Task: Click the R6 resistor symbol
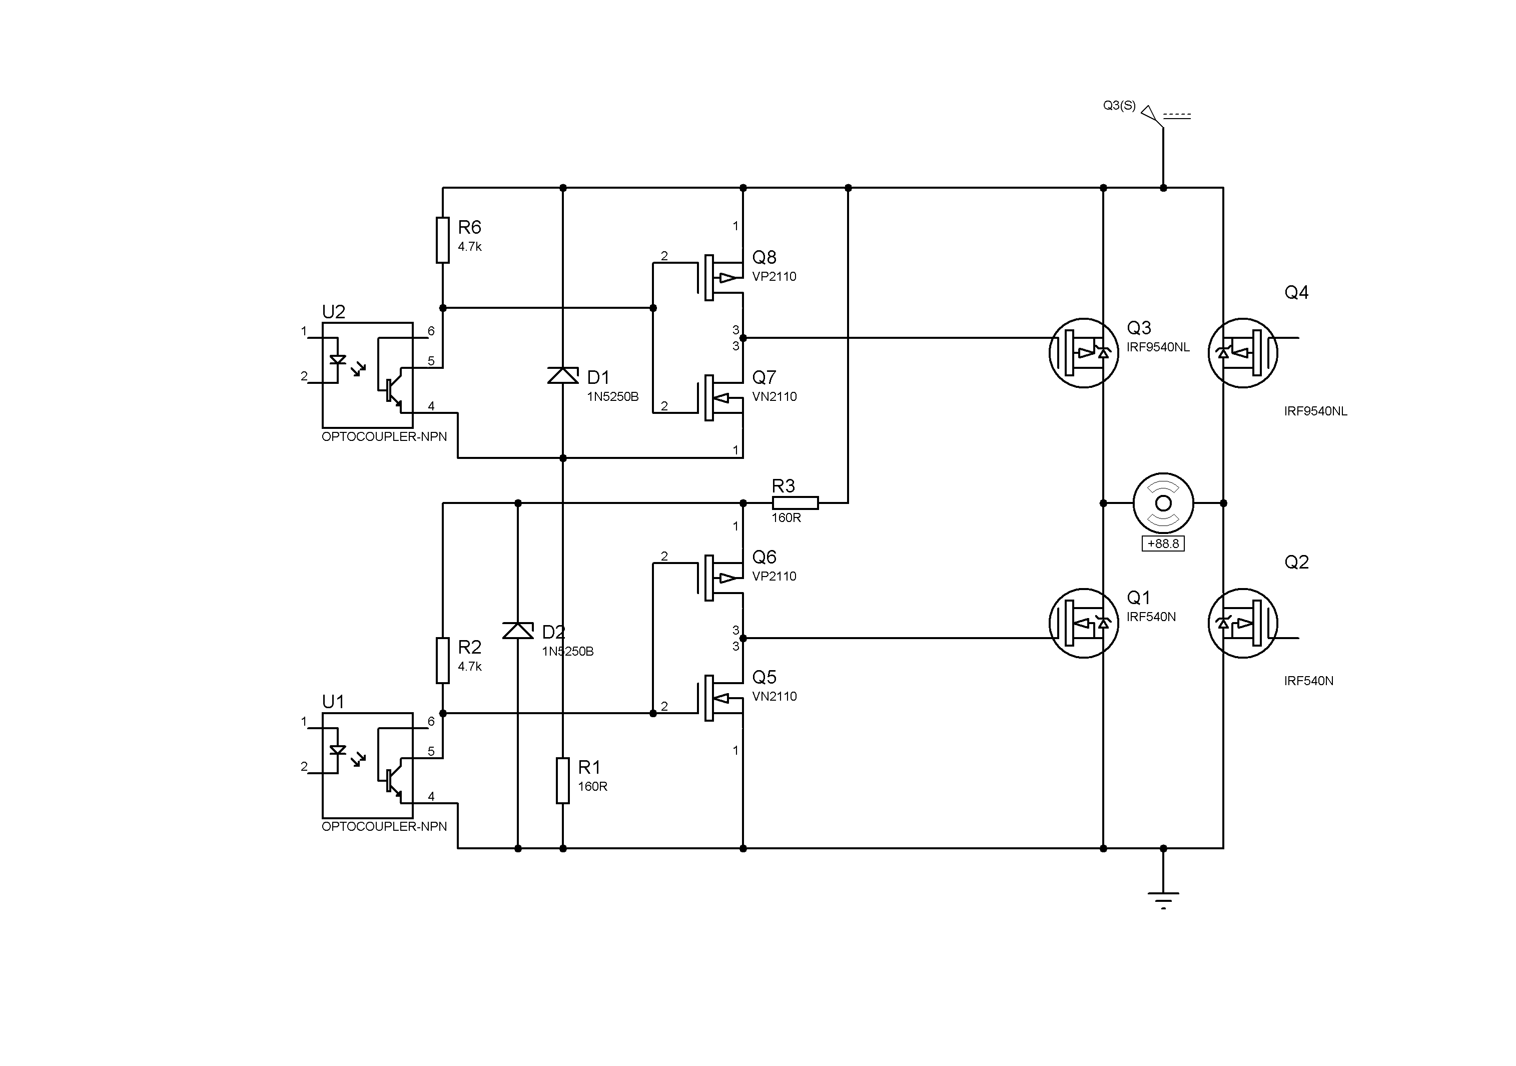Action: pyautogui.click(x=442, y=240)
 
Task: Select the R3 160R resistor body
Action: pyautogui.click(x=795, y=503)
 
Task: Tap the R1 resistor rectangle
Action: pyautogui.click(x=562, y=781)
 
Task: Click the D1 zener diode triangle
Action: pyautogui.click(x=562, y=376)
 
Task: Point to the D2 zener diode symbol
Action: pyautogui.click(x=518, y=631)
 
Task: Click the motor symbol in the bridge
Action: pyautogui.click(x=1163, y=503)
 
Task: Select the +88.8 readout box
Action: pyautogui.click(x=1163, y=544)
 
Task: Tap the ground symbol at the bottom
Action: pyautogui.click(x=1163, y=899)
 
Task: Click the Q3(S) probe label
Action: pyautogui.click(x=1119, y=106)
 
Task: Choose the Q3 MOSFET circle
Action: pyautogui.click(x=1084, y=353)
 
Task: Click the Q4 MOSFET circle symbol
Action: pyautogui.click(x=1243, y=353)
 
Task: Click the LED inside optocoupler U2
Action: pyautogui.click(x=337, y=360)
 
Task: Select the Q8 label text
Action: pyautogui.click(x=764, y=258)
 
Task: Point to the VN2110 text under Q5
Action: pyautogui.click(x=775, y=696)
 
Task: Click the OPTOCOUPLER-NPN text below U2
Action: pyautogui.click(x=384, y=436)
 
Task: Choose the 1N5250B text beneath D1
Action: pyautogui.click(x=613, y=397)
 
